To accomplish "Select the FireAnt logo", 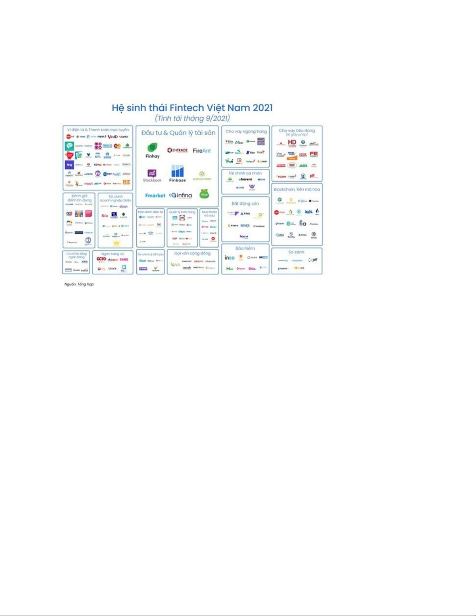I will pyautogui.click(x=202, y=151).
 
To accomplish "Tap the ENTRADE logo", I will pyautogui.click(x=177, y=150).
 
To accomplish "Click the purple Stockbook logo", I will pyautogui.click(x=152, y=173).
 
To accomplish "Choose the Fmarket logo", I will pyautogui.click(x=155, y=195).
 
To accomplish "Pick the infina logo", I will pyautogui.click(x=181, y=195).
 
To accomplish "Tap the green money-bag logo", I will pyautogui.click(x=204, y=194).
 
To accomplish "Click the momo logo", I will pyautogui.click(x=98, y=146).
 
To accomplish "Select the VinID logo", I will pyautogui.click(x=113, y=137).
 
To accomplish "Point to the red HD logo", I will pyautogui.click(x=292, y=143).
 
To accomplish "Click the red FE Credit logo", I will pyautogui.click(x=314, y=154).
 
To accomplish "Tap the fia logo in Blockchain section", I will pyautogui.click(x=303, y=223).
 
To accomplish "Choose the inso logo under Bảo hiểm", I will pyautogui.click(x=230, y=258).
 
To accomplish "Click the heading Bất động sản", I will pyautogui.click(x=245, y=203).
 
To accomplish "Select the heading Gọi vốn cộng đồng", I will pyautogui.click(x=192, y=253).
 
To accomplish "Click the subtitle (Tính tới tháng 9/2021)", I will pyautogui.click(x=192, y=118).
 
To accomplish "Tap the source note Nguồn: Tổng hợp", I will pyautogui.click(x=79, y=284).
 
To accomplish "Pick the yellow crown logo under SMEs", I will pyautogui.click(x=116, y=243).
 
